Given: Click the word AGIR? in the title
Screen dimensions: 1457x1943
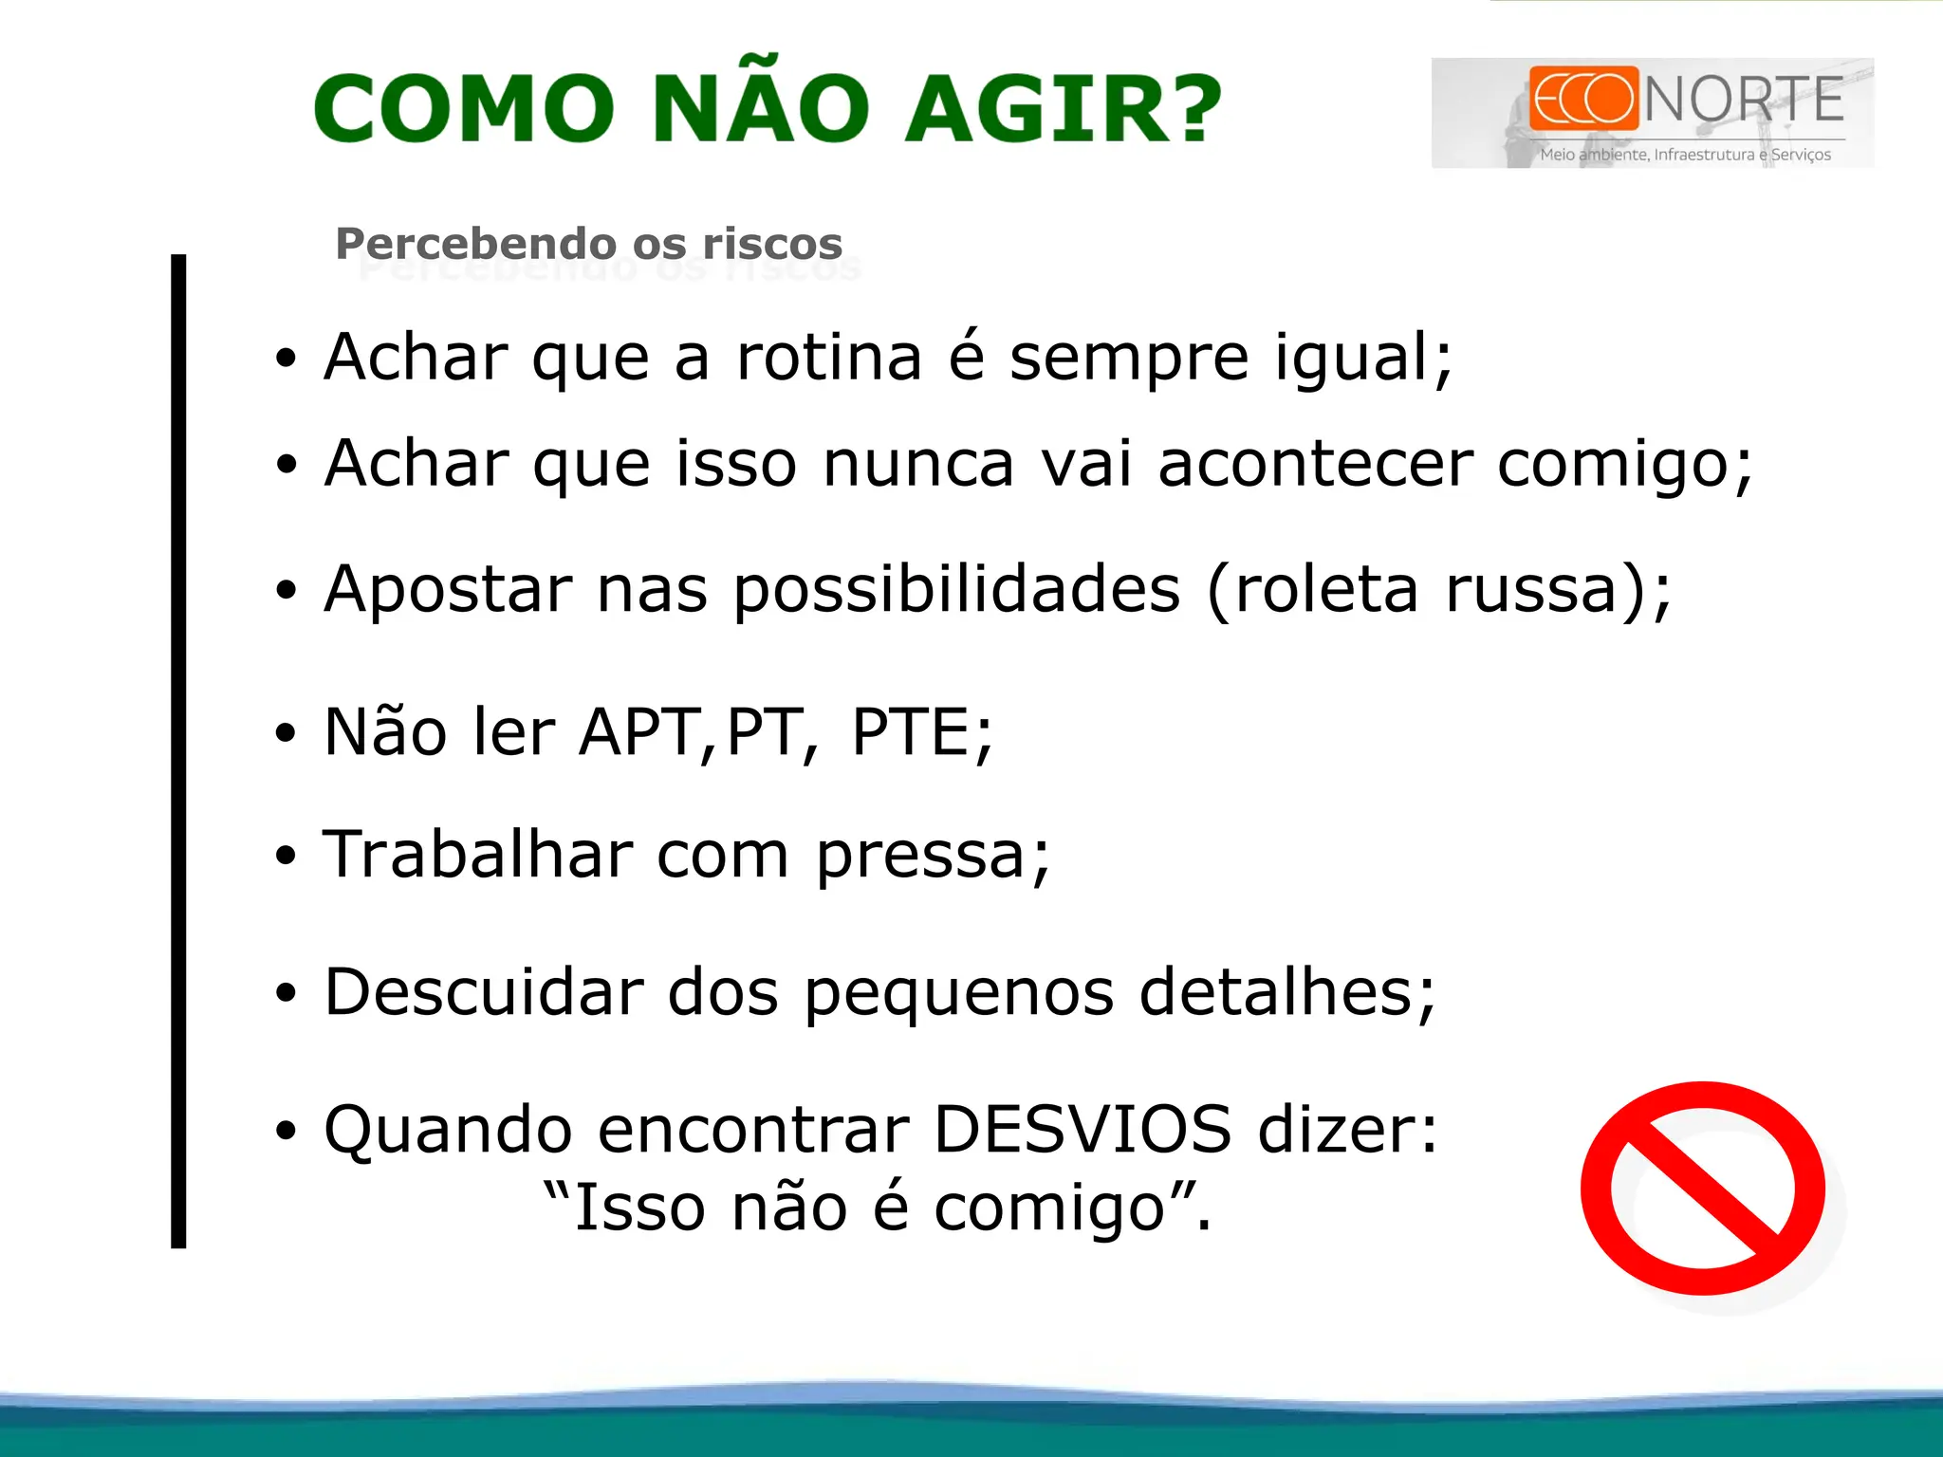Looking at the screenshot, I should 1063,109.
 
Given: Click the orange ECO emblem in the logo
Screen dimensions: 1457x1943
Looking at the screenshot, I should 1583,98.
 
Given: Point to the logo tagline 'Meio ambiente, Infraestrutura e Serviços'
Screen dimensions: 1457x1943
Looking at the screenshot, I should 1685,155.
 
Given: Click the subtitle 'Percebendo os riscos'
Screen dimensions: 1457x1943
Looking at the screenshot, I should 588,244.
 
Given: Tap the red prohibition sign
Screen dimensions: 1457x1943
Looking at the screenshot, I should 1703,1188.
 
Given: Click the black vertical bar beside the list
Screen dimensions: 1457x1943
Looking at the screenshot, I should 178,749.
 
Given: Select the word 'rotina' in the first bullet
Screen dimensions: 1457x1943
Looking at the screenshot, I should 828,358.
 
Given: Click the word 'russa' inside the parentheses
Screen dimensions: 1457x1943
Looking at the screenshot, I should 1529,589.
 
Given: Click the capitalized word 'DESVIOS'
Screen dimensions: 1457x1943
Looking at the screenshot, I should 1083,1130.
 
